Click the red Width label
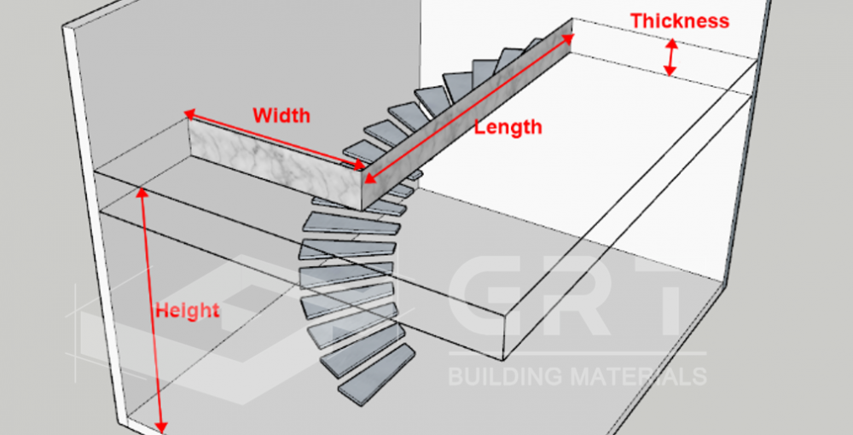(x=281, y=114)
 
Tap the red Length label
(x=508, y=128)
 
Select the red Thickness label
(x=680, y=21)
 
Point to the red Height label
(x=187, y=310)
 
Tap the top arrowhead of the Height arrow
(x=142, y=191)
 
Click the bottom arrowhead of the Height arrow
(x=162, y=426)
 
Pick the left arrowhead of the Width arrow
(x=189, y=113)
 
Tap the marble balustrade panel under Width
(x=273, y=162)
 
